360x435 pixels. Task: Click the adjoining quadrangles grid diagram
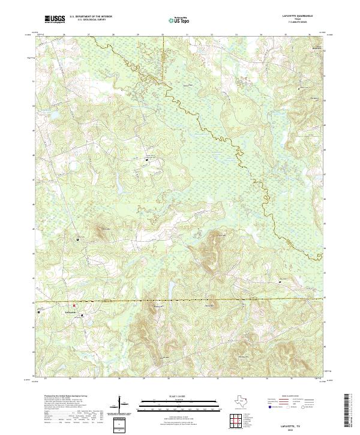click(236, 421)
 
